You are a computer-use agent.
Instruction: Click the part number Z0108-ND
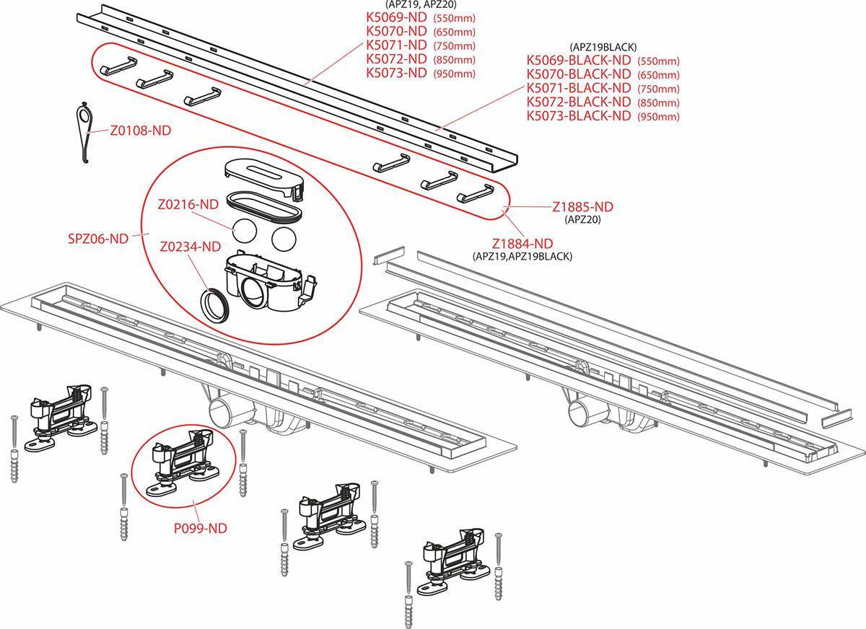click(x=141, y=131)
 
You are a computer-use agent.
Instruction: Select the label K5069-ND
click(x=397, y=17)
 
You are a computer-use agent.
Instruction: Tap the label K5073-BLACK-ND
click(x=579, y=115)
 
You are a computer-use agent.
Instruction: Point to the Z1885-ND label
click(x=582, y=207)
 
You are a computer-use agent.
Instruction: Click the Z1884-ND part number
click(x=522, y=243)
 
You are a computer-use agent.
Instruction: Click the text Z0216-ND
click(x=188, y=204)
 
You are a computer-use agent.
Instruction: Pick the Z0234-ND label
click(x=190, y=247)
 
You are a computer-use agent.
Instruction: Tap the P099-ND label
click(x=201, y=528)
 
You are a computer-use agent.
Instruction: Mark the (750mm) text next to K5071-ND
click(x=454, y=45)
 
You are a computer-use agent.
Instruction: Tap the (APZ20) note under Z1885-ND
click(x=582, y=219)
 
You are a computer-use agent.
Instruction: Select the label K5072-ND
click(x=397, y=58)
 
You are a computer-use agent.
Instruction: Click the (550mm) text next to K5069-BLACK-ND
click(x=657, y=61)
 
